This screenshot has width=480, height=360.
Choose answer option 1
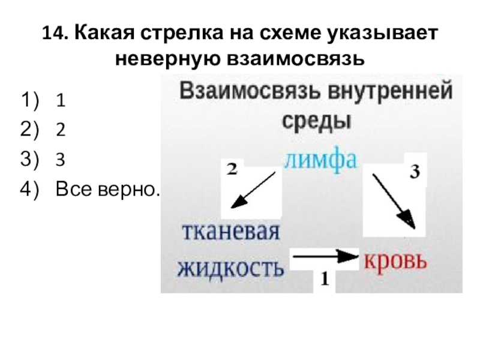coord(61,100)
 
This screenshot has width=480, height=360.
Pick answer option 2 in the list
coord(61,130)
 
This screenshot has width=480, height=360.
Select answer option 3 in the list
coord(61,160)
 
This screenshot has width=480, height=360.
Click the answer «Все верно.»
coord(108,190)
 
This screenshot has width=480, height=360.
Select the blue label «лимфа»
coord(321,160)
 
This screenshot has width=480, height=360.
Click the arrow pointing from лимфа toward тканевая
coord(253,189)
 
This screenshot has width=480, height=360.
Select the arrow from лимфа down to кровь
coord(393,199)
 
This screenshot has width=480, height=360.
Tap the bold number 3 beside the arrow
coord(413,173)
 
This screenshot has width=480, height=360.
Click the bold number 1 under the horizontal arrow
coord(324,279)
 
